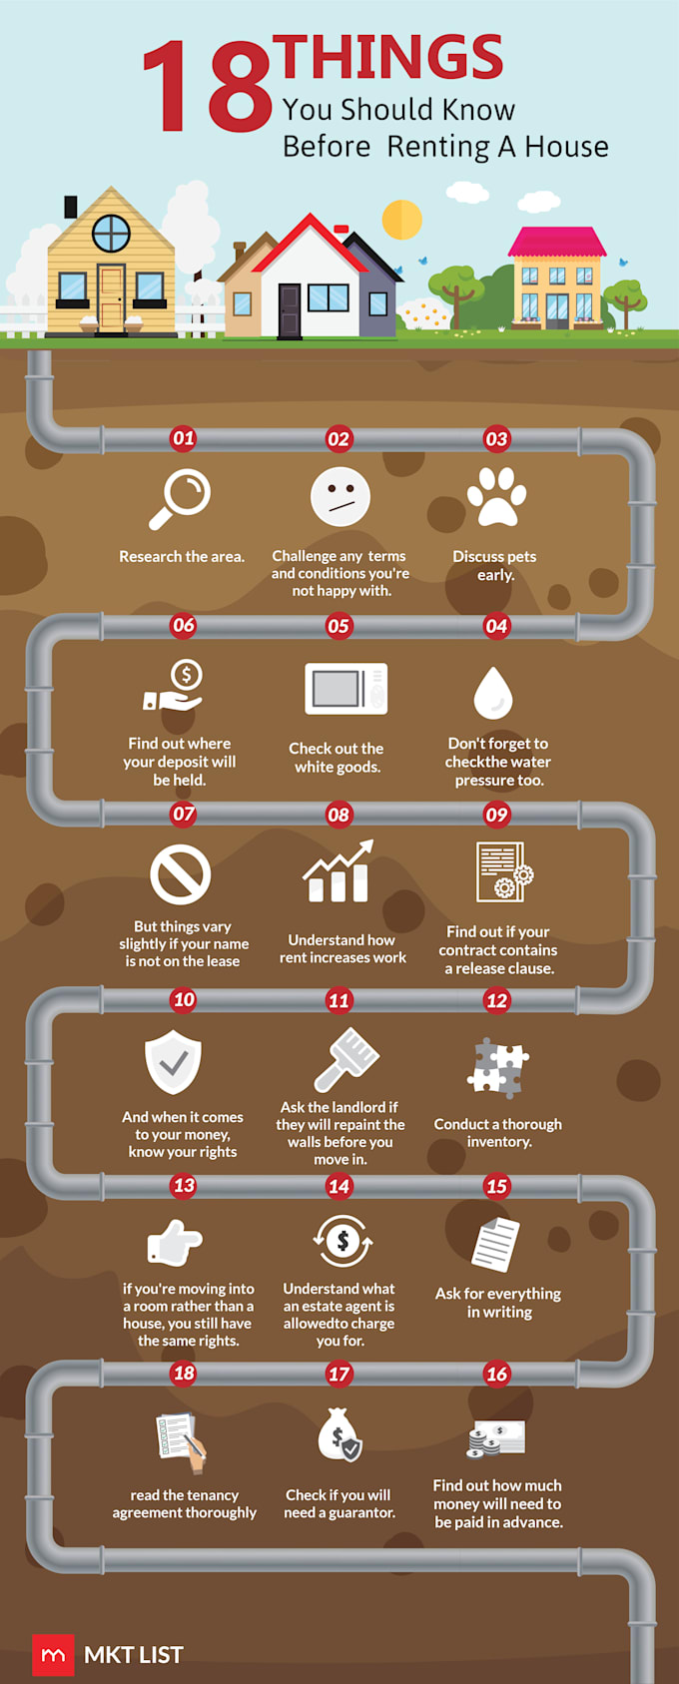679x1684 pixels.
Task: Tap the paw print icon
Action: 496,496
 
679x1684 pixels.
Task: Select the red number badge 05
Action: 339,626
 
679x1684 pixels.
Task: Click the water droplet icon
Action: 493,693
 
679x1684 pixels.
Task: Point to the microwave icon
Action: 345,688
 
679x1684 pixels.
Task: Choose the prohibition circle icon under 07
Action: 181,874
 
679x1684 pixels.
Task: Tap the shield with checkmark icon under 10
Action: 173,1061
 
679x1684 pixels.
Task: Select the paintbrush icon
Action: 345,1058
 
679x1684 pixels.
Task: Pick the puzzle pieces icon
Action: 497,1068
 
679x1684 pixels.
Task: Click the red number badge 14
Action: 339,1186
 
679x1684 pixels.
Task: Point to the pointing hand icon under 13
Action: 175,1242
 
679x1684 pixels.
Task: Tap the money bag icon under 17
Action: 339,1434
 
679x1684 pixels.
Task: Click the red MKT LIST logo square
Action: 53,1655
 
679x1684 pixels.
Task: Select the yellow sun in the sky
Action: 401,220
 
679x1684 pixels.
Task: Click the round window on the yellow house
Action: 111,233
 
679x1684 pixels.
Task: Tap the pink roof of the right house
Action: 557,242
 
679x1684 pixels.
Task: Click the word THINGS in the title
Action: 388,57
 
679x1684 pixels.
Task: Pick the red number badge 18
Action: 184,1374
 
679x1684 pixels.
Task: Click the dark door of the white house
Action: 290,310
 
